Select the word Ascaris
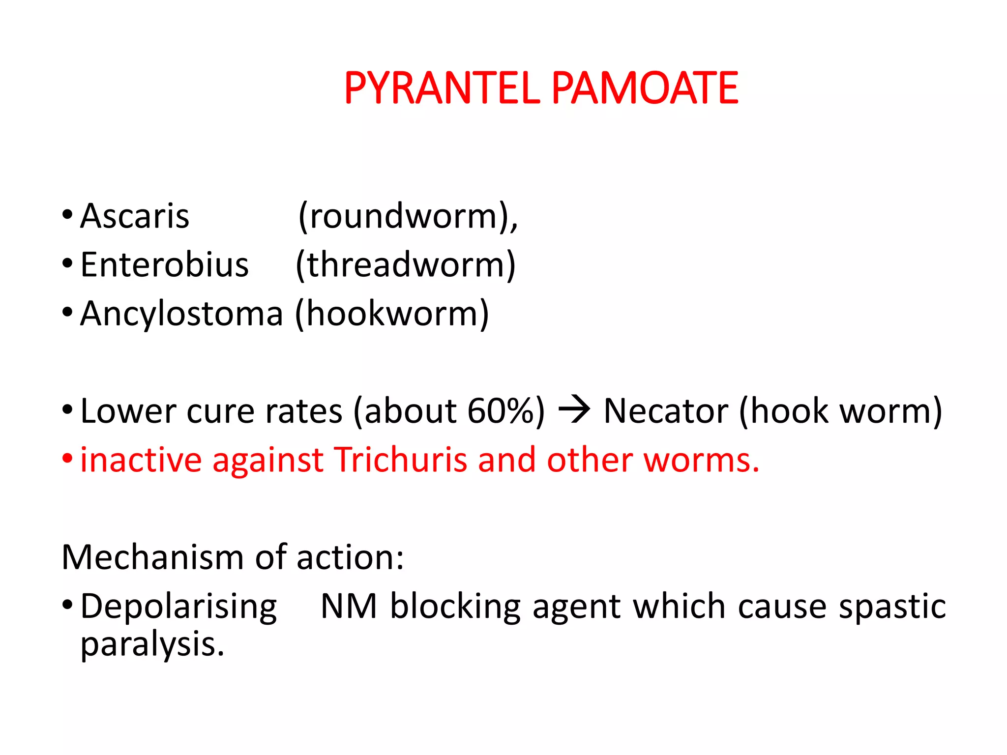coord(134,216)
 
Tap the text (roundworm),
coord(408,216)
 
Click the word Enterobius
coord(164,265)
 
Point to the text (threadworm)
coord(406,265)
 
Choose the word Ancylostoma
coord(181,314)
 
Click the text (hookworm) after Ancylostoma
coord(392,314)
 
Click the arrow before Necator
coord(574,410)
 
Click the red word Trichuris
coord(400,460)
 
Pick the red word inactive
coord(141,460)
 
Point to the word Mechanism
coord(152,557)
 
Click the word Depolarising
coord(178,607)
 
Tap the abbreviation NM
coord(349,606)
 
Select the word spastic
coord(892,607)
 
